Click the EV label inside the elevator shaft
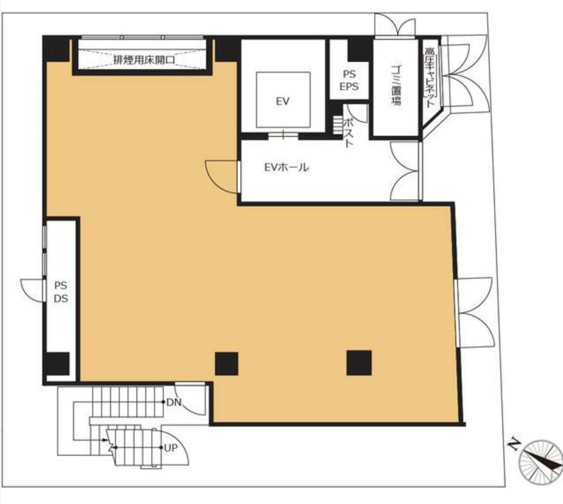(283, 102)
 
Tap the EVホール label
(286, 167)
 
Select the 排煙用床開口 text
(144, 59)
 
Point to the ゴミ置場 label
(396, 85)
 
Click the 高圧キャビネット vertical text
(430, 78)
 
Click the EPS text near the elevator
(349, 86)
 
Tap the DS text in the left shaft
(61, 298)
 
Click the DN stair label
(174, 402)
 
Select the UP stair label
(170, 448)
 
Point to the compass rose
(541, 462)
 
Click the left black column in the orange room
(227, 364)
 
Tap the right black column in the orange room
(358, 363)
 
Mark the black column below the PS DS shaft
(58, 364)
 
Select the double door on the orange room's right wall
(474, 313)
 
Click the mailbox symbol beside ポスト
(338, 125)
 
